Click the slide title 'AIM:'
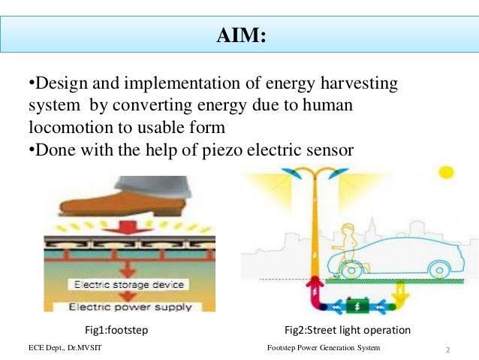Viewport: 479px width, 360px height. (x=240, y=35)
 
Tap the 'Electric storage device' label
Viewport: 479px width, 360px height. (x=129, y=285)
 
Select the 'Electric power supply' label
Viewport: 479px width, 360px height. (x=130, y=306)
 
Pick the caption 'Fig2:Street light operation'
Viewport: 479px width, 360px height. (x=347, y=330)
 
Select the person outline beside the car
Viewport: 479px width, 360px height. (x=348, y=241)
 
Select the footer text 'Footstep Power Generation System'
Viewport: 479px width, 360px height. (x=324, y=349)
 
